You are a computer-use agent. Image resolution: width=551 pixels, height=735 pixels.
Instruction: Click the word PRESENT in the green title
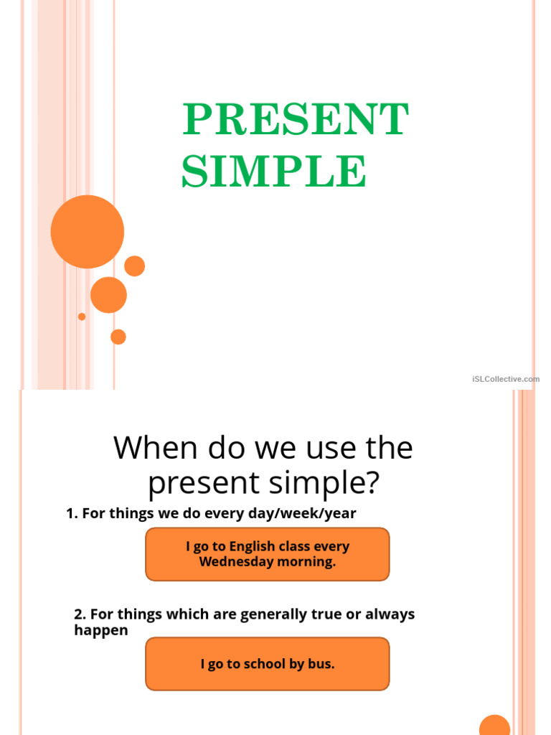[x=296, y=119]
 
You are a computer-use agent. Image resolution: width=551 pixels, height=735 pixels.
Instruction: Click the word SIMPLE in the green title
[x=273, y=172]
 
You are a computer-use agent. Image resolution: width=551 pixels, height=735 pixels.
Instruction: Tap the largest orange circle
[x=88, y=232]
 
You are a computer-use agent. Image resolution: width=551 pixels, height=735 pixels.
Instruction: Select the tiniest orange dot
[x=82, y=317]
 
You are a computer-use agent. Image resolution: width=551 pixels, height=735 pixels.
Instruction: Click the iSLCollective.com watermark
[x=506, y=379]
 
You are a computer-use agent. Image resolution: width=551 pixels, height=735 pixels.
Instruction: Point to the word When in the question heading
[x=156, y=449]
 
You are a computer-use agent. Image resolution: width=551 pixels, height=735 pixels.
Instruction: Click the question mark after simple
[x=369, y=484]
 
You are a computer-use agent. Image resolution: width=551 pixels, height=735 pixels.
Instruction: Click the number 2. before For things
[x=80, y=614]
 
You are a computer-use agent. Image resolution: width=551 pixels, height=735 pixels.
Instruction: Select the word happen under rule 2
[x=101, y=630]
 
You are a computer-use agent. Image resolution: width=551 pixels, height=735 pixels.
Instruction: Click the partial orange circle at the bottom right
[x=494, y=726]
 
